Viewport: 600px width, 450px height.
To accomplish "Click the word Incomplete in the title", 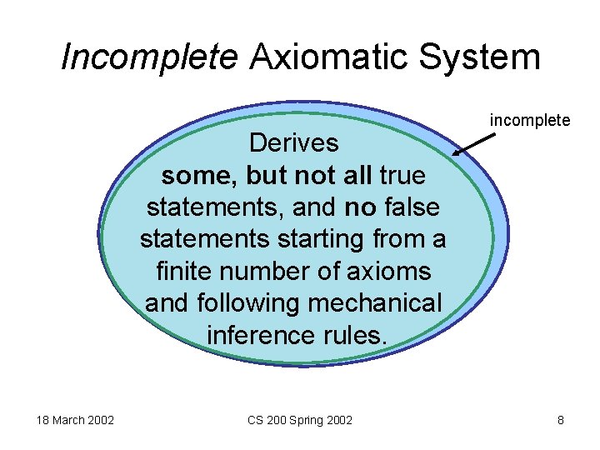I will [x=149, y=57].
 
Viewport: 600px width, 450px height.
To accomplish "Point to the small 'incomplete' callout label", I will [x=530, y=121].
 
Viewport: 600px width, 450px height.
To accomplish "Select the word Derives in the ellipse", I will [x=293, y=143].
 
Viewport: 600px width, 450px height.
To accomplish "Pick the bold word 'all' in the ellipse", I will [x=357, y=176].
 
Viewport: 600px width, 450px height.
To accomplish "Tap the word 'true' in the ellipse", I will [x=402, y=176].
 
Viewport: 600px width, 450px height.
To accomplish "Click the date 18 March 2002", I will [x=75, y=420].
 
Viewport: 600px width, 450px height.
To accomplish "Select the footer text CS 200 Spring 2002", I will [x=300, y=420].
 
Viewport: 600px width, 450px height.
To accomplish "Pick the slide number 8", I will [x=561, y=420].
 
